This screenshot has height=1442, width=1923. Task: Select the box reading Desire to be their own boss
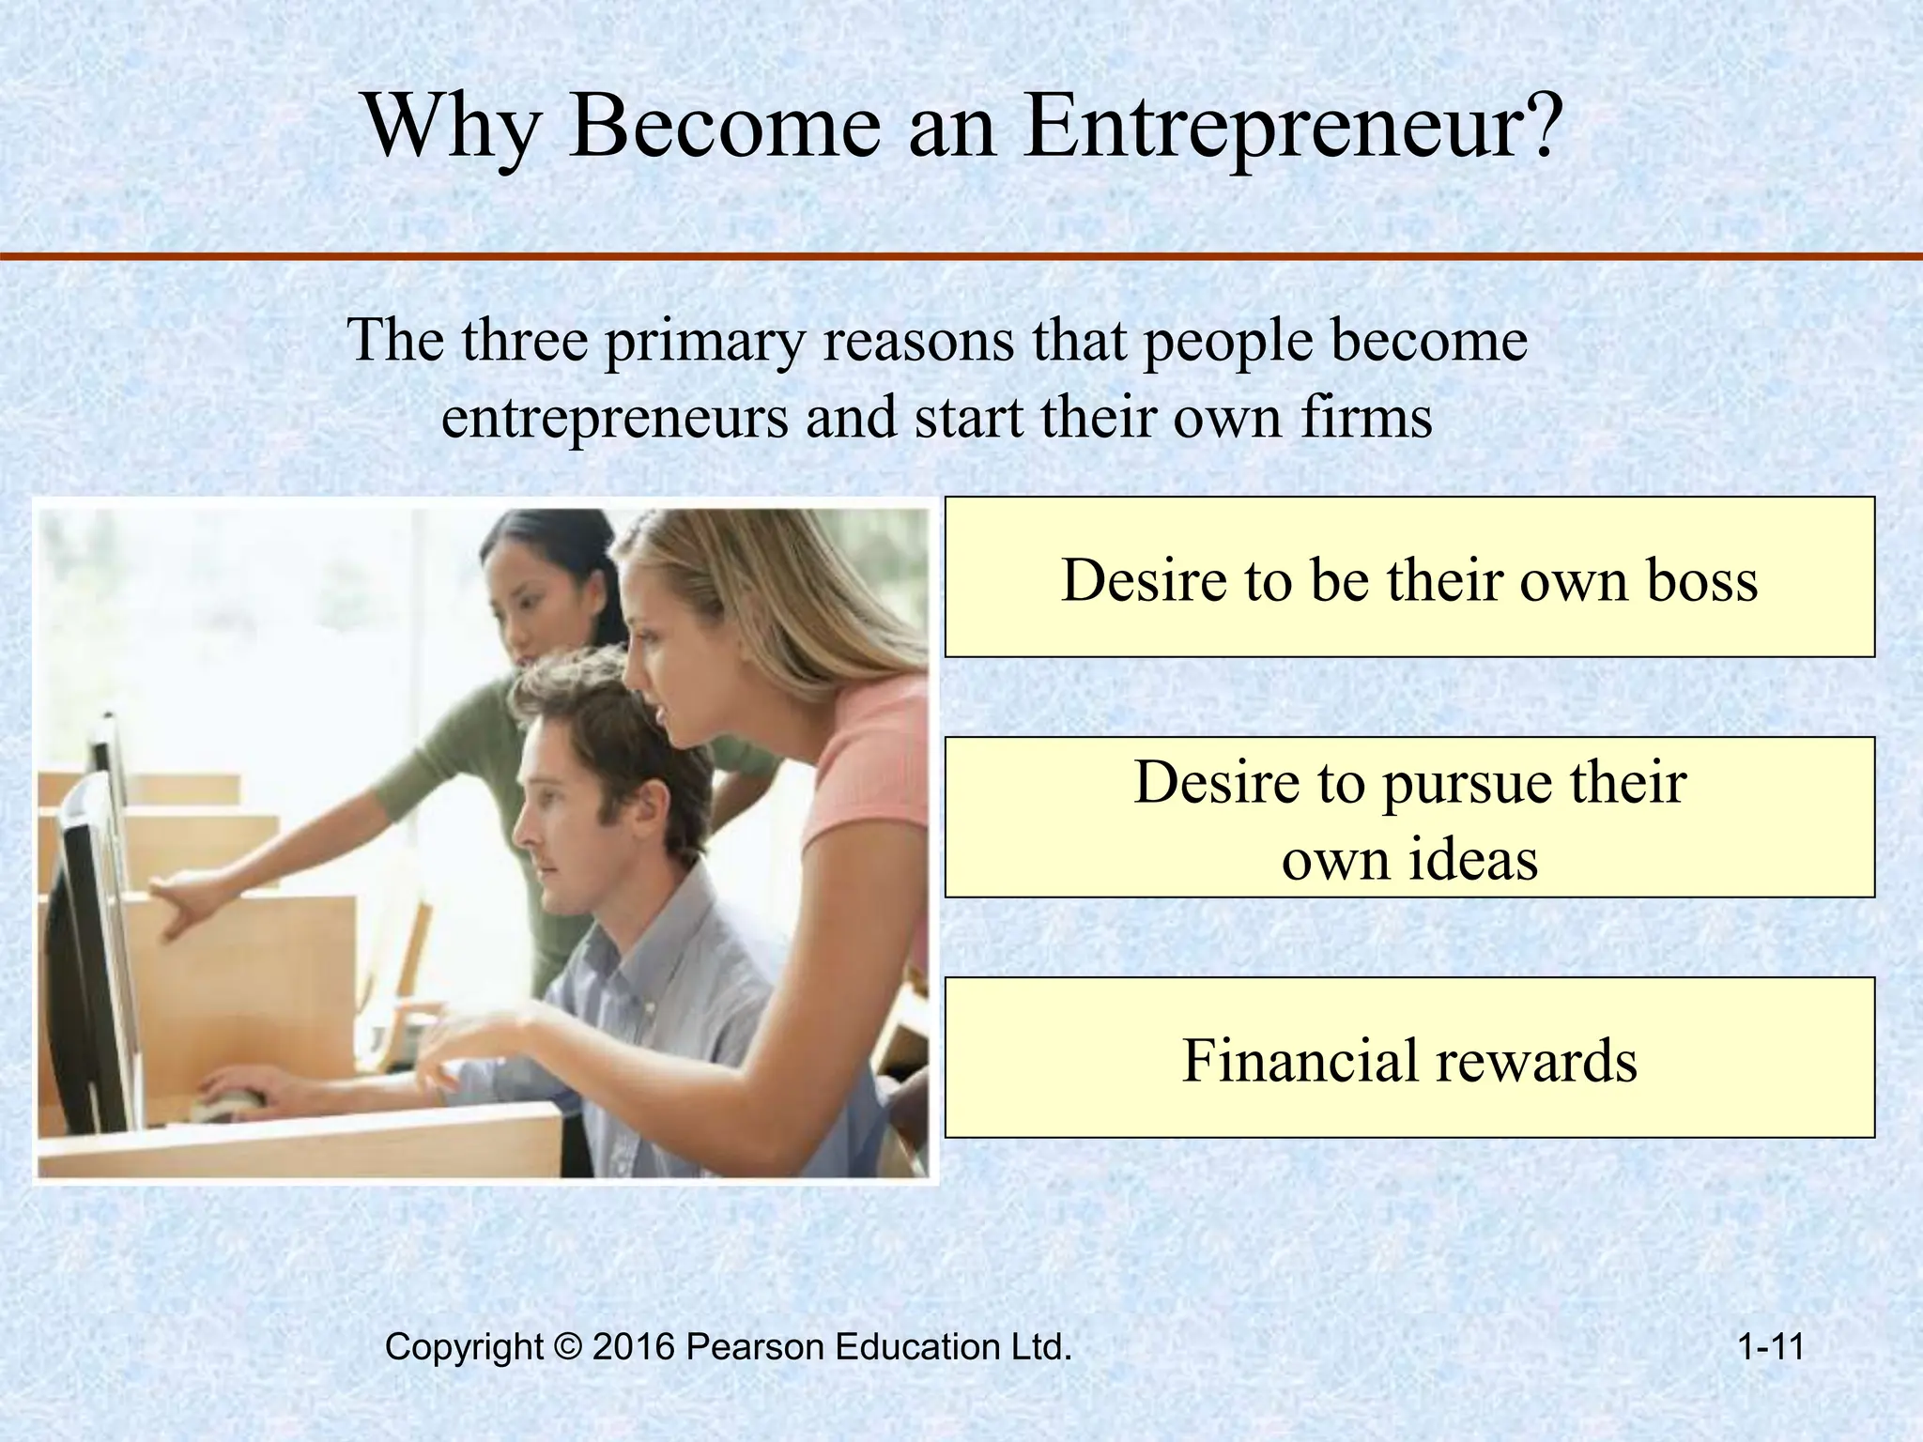point(1408,576)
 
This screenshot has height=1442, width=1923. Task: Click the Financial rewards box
point(1408,1057)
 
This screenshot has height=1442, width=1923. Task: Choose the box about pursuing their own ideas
point(1408,817)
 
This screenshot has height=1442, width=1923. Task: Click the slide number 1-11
point(1771,1347)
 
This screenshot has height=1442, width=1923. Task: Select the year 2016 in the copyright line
point(634,1347)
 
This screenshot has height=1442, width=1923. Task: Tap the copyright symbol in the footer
point(569,1347)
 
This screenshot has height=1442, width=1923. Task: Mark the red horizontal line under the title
point(961,256)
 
